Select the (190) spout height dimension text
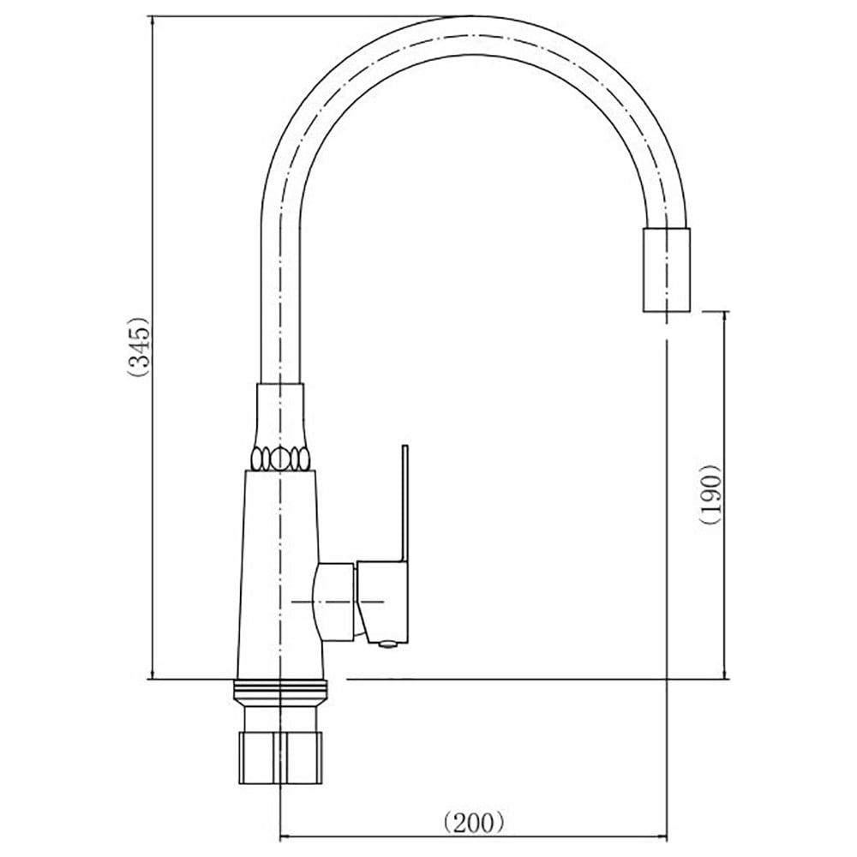pyautogui.click(x=711, y=495)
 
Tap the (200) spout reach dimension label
pyautogui.click(x=473, y=822)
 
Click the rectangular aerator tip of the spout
pyautogui.click(x=666, y=269)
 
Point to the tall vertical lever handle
pyautogui.click(x=405, y=503)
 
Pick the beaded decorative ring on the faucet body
pyautogui.click(x=279, y=458)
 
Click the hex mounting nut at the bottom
pyautogui.click(x=280, y=758)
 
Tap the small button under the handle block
pyautogui.click(x=387, y=645)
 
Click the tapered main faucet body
pyautogui.click(x=280, y=574)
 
